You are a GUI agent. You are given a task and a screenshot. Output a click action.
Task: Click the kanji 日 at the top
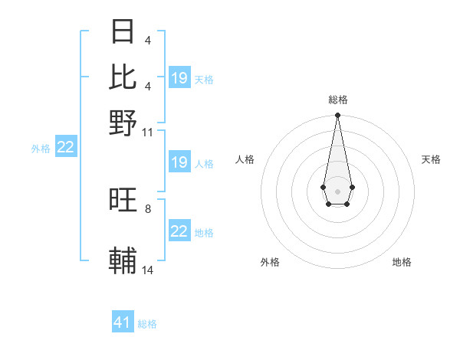click(123, 31)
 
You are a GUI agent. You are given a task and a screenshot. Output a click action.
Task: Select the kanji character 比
click(123, 77)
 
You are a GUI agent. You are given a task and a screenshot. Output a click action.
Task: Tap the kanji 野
click(123, 123)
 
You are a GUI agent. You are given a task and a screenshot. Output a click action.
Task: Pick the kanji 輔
click(123, 261)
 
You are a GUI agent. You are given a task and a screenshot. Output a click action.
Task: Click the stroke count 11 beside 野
click(148, 133)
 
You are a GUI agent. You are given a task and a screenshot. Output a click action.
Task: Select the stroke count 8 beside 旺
click(148, 208)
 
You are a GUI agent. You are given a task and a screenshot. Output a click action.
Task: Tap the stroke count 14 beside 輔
click(148, 270)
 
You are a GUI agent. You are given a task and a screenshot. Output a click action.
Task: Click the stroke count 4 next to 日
click(148, 41)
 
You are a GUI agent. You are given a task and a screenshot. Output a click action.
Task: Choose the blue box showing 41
click(123, 322)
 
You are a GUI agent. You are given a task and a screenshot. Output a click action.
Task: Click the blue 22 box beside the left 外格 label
click(66, 147)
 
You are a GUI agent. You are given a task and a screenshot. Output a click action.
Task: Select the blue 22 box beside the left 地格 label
click(179, 231)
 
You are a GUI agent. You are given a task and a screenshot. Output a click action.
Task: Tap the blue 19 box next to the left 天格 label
click(179, 78)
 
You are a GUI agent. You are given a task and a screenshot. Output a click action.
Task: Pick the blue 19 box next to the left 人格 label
click(179, 162)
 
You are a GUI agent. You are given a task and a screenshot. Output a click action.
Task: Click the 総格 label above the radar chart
click(337, 100)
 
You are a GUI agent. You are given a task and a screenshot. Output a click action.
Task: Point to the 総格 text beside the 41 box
click(147, 324)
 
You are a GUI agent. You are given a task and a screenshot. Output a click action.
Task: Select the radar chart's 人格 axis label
click(245, 159)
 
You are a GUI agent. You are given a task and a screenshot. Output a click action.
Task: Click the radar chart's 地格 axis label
click(402, 262)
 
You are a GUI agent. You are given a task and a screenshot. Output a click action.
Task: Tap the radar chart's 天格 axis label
click(431, 159)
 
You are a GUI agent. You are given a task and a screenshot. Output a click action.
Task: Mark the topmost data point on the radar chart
click(337, 116)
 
